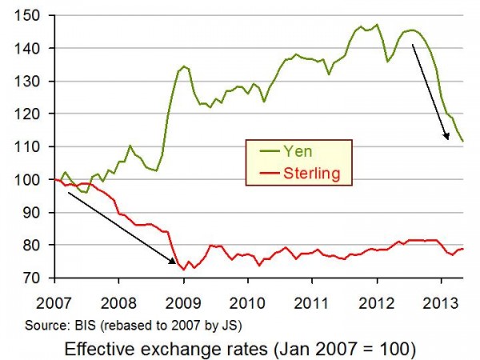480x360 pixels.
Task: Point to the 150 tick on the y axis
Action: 34,15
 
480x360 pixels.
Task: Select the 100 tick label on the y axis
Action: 34,179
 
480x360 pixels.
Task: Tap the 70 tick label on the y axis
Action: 38,278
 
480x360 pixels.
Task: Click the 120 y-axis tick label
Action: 34,114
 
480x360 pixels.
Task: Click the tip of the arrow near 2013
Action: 449,138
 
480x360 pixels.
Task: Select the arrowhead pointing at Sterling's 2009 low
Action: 176,262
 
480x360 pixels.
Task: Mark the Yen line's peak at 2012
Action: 377,24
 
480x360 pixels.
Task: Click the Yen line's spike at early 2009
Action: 184,66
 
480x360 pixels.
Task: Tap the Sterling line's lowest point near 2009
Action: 184,269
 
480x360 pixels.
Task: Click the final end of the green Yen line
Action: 464,141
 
